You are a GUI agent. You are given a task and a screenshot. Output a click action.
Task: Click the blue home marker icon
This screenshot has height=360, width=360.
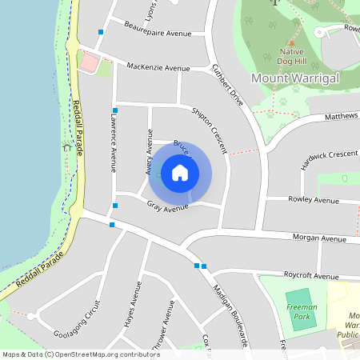(180, 173)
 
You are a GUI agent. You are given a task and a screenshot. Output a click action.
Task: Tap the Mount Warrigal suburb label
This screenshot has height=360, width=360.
(295, 78)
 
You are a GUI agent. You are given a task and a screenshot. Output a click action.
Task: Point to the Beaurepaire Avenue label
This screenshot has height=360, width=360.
(158, 30)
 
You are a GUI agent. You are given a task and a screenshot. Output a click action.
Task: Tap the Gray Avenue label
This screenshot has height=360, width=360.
(168, 206)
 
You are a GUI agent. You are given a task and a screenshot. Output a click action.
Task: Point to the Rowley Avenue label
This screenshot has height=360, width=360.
(314, 199)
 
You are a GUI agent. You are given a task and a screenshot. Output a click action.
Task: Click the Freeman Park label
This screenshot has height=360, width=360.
(302, 311)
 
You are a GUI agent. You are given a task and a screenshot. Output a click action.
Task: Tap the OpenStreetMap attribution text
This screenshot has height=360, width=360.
(81, 354)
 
